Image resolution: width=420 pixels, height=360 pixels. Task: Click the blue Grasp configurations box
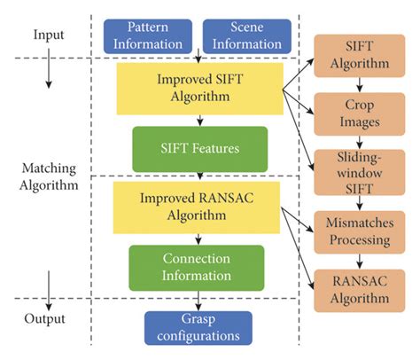click(198, 328)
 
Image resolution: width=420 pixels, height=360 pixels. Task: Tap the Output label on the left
click(48, 316)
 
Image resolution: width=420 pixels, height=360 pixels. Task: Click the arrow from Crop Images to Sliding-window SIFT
click(357, 142)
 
